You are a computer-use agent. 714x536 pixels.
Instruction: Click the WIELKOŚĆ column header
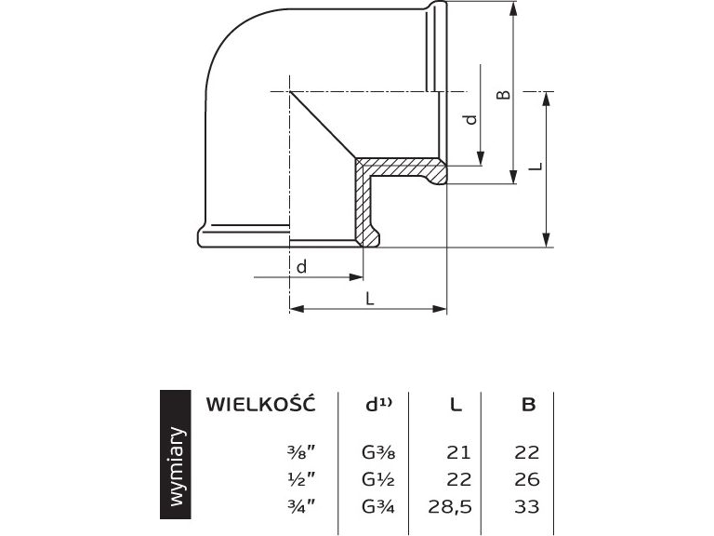tap(260, 404)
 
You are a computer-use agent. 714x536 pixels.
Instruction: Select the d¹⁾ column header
tap(378, 404)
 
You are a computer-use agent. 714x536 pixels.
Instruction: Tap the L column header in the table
tap(456, 405)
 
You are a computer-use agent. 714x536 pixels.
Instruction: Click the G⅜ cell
tap(378, 453)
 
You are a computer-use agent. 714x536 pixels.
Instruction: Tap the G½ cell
tap(378, 479)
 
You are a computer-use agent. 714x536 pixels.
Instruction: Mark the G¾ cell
tap(378, 506)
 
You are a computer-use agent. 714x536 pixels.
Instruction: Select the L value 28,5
tap(452, 506)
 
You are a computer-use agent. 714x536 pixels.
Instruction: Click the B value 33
tap(526, 506)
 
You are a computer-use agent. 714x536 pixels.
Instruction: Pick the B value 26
tap(526, 479)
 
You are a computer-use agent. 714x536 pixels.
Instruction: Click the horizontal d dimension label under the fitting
tap(301, 267)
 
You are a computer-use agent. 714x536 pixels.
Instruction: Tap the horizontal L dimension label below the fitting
tap(369, 299)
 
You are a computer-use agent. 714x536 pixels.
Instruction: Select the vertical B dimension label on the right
tap(502, 95)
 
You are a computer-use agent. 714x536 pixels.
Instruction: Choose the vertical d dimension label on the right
tap(470, 119)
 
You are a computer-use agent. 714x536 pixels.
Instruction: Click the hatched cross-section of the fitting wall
tap(364, 200)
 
